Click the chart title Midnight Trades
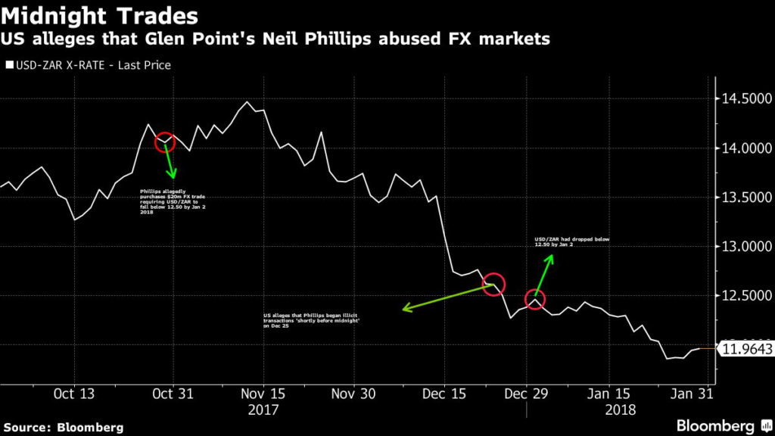(101, 15)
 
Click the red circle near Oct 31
(165, 142)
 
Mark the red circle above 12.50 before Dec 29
(493, 284)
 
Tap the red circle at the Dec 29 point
(534, 299)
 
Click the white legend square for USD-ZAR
(9, 65)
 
